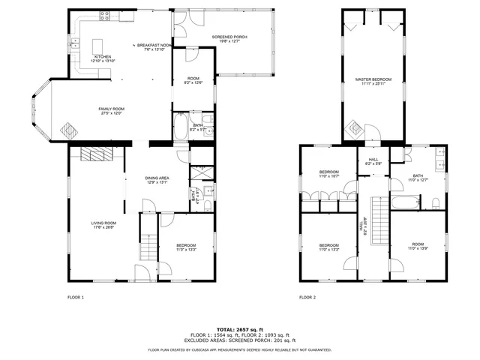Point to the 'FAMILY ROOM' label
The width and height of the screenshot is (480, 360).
pos(111,109)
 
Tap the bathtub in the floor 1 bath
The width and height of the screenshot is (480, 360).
pos(181,128)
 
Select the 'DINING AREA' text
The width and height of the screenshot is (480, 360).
pos(157,178)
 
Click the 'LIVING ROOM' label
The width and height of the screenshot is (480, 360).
pos(103,223)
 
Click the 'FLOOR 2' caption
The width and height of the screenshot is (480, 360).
pos(307,298)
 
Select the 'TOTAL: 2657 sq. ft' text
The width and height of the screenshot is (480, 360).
pos(239,329)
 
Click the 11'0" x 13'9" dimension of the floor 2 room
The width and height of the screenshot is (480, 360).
pos(418,249)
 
